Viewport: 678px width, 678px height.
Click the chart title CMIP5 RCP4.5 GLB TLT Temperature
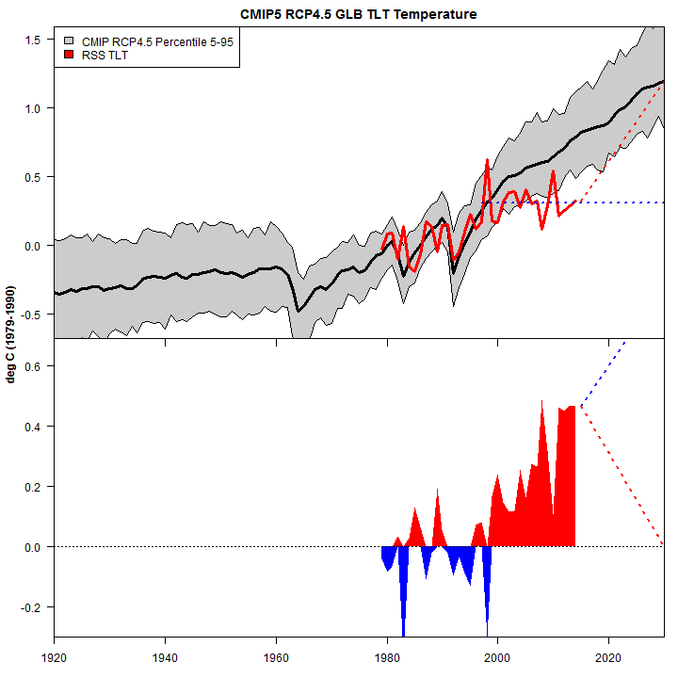(x=358, y=14)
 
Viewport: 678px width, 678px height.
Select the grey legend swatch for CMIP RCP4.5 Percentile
(x=69, y=41)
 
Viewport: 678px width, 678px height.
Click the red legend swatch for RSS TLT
(x=69, y=55)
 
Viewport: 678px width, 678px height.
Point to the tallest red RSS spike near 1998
(x=487, y=161)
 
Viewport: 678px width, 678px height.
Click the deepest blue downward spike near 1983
(x=403, y=633)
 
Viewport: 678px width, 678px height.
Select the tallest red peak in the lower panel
(x=542, y=402)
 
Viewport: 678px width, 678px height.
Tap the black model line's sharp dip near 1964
(x=299, y=310)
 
